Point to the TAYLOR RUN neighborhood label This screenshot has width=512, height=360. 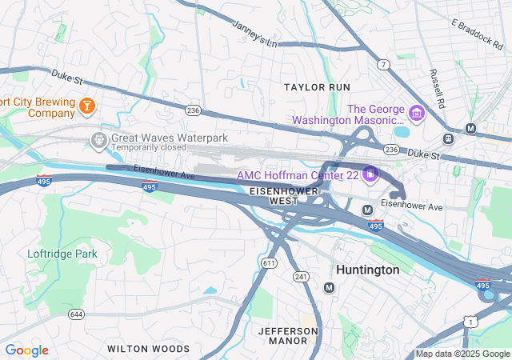click(x=318, y=86)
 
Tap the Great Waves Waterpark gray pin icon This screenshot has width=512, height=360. click(x=98, y=140)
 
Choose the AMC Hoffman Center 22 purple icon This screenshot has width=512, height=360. click(x=369, y=173)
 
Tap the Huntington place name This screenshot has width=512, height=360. click(x=367, y=270)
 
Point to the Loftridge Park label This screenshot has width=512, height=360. click(x=62, y=254)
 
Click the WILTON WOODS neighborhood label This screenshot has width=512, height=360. click(x=148, y=349)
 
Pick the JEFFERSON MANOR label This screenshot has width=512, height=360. click(x=288, y=335)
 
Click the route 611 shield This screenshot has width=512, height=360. click(x=269, y=262)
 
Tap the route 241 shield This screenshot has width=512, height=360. click(x=301, y=277)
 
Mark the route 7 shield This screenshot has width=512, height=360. click(x=385, y=64)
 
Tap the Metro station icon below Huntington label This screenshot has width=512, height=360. click(x=329, y=287)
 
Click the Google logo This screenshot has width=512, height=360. click(x=26, y=350)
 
